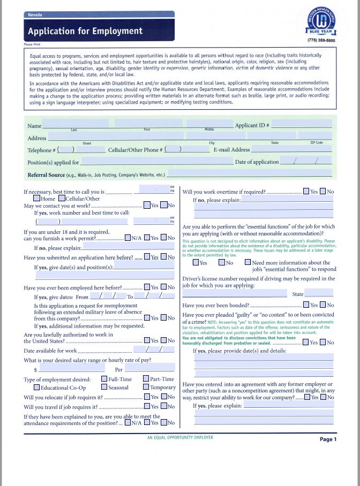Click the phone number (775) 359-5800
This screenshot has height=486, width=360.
(321, 41)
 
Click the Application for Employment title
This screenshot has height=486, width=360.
(85, 31)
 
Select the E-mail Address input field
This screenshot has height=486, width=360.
(291, 149)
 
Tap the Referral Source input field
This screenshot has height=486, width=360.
(250, 174)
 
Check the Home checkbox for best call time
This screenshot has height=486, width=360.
(36, 199)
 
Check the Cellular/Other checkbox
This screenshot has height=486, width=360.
(62, 199)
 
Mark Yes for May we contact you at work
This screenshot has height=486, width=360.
(147, 205)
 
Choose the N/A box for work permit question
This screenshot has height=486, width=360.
(128, 238)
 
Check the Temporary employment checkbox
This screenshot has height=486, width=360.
(146, 387)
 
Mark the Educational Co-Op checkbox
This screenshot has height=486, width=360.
(36, 387)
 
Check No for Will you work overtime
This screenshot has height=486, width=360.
(322, 191)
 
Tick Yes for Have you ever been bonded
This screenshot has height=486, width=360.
(306, 305)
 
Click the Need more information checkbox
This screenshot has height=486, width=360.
(247, 262)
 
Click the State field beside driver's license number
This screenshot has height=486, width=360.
(319, 293)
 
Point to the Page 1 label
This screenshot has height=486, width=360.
(328, 439)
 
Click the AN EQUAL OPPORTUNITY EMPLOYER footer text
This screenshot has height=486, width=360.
(180, 437)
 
